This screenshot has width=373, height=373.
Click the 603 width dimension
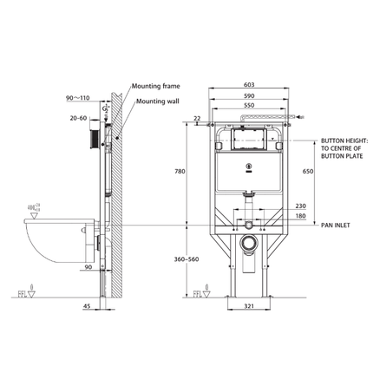[x=250, y=84]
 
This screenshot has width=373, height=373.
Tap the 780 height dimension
[x=180, y=172]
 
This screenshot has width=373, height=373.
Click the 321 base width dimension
[x=250, y=306]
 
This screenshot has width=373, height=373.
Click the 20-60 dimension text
[x=77, y=115]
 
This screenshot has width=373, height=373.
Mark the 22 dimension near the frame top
[x=198, y=118]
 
